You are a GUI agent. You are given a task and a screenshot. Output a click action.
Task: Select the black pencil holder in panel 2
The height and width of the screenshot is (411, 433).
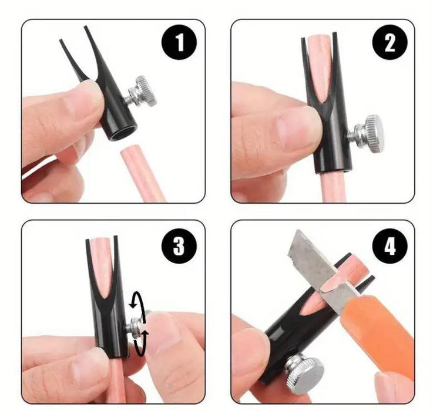point(329,135)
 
